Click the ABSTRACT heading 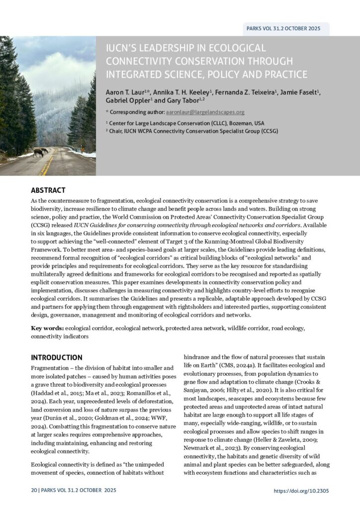click(48, 190)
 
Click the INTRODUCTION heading click(57, 357)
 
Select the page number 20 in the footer click(33, 491)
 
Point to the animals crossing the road click(40, 152)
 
